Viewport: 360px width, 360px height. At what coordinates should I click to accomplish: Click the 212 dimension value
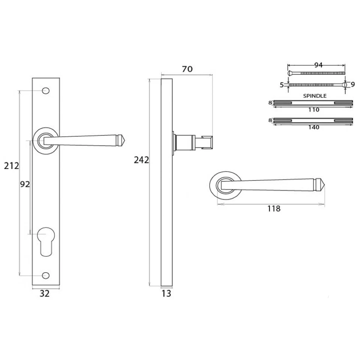click(11, 165)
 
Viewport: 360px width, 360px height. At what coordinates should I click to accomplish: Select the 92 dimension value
click(25, 184)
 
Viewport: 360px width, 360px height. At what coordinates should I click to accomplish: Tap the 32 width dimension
click(45, 294)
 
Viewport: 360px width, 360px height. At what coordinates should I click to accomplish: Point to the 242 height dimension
click(141, 160)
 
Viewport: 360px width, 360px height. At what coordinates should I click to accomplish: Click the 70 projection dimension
click(187, 69)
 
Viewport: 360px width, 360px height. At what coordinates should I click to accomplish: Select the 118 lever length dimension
click(274, 209)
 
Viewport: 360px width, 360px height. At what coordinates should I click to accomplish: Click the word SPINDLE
click(314, 96)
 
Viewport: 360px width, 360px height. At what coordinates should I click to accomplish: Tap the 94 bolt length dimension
click(318, 65)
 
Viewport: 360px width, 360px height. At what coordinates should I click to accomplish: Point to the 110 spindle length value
click(313, 110)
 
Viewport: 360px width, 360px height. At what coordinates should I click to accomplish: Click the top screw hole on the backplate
click(46, 91)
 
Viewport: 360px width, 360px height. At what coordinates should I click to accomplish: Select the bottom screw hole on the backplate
click(46, 276)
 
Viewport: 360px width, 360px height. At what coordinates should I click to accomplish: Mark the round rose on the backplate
click(45, 141)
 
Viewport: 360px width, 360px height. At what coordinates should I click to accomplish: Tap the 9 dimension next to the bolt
click(352, 84)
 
